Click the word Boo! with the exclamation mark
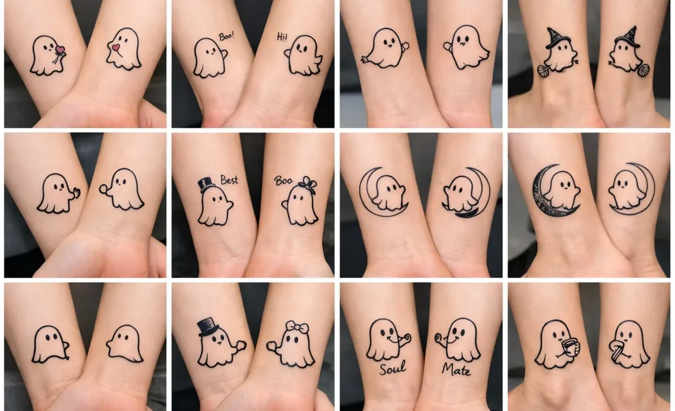226,36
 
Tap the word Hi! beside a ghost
282,37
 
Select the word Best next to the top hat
229,179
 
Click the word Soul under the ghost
393,369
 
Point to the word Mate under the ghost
456,370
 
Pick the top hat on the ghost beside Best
207,184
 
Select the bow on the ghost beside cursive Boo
307,185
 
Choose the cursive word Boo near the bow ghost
283,181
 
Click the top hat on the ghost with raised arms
208,326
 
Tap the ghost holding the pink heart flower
45,56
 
